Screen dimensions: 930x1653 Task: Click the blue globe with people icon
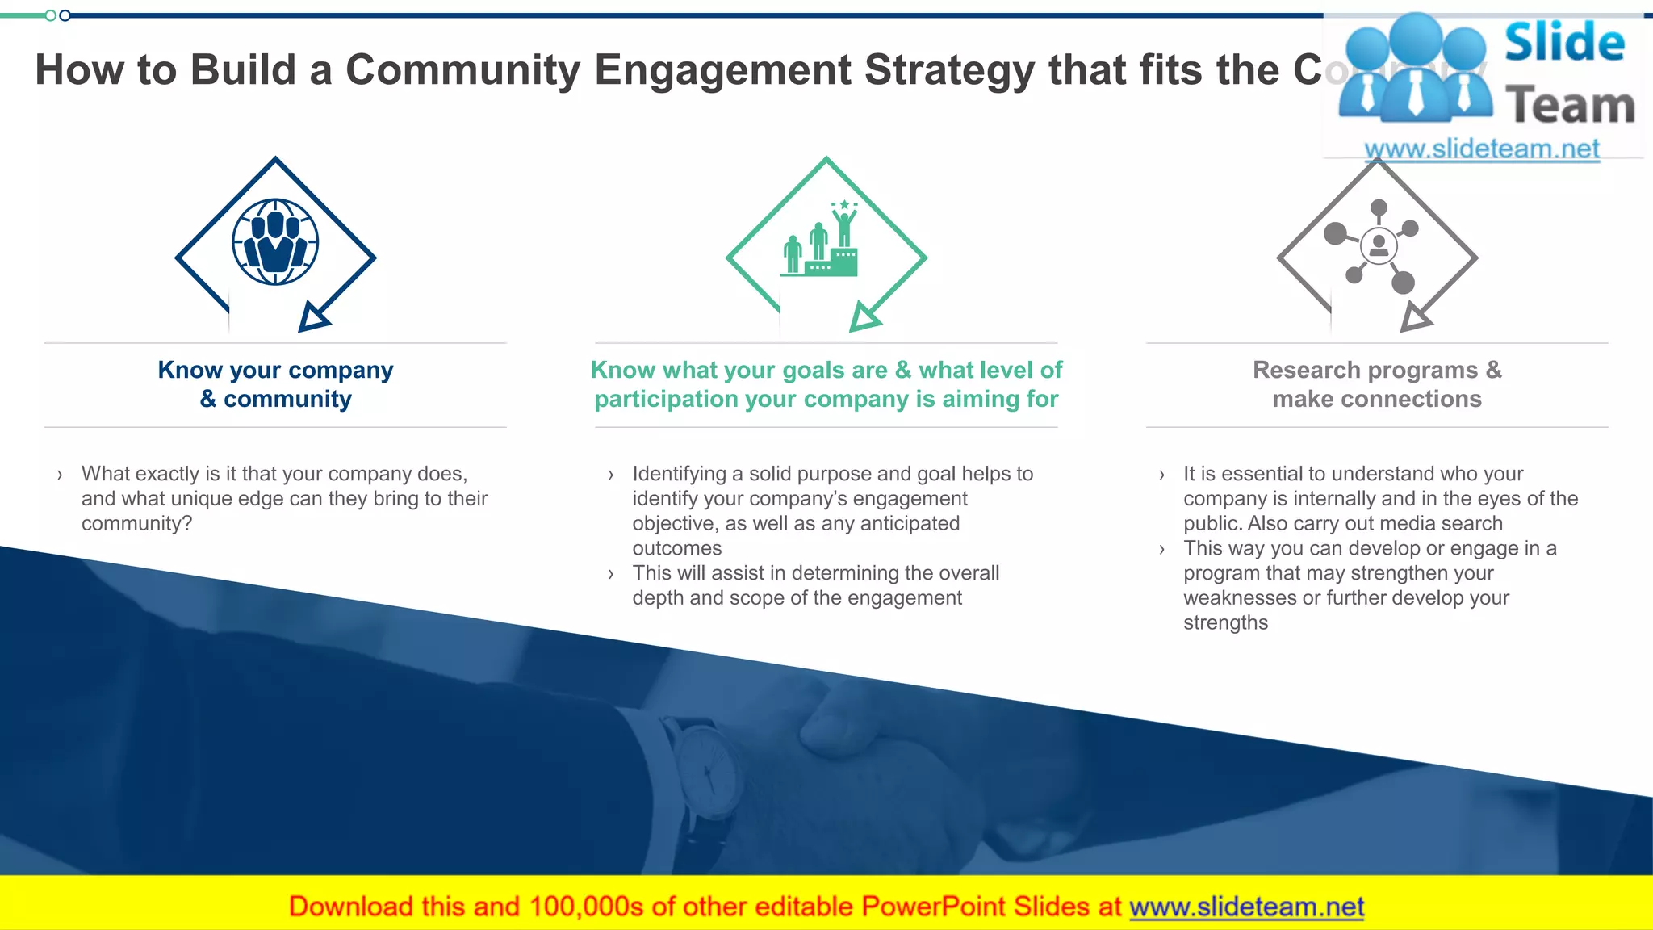pyautogui.click(x=275, y=242)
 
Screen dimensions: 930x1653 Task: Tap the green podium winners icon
pyautogui.click(x=820, y=241)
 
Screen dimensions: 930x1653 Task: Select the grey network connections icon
pyautogui.click(x=1377, y=245)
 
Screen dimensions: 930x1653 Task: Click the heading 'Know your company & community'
pyautogui.click(x=275, y=384)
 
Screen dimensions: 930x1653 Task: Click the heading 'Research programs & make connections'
pyautogui.click(x=1377, y=384)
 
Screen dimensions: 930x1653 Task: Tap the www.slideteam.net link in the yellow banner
pyautogui.click(x=1246, y=907)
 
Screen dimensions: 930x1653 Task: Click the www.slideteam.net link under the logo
pyautogui.click(x=1482, y=149)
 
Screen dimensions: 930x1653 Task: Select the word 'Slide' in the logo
pyautogui.click(x=1564, y=42)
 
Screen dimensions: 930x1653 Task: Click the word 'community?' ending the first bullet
pyautogui.click(x=136, y=523)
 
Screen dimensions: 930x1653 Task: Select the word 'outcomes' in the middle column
pyautogui.click(x=676, y=548)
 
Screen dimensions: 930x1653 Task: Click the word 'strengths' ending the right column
pyautogui.click(x=1225, y=622)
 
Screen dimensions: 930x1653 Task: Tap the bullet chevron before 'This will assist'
pyautogui.click(x=611, y=574)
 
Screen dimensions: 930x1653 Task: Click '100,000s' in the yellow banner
pyautogui.click(x=586, y=907)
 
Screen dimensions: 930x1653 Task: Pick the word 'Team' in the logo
pyautogui.click(x=1570, y=106)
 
